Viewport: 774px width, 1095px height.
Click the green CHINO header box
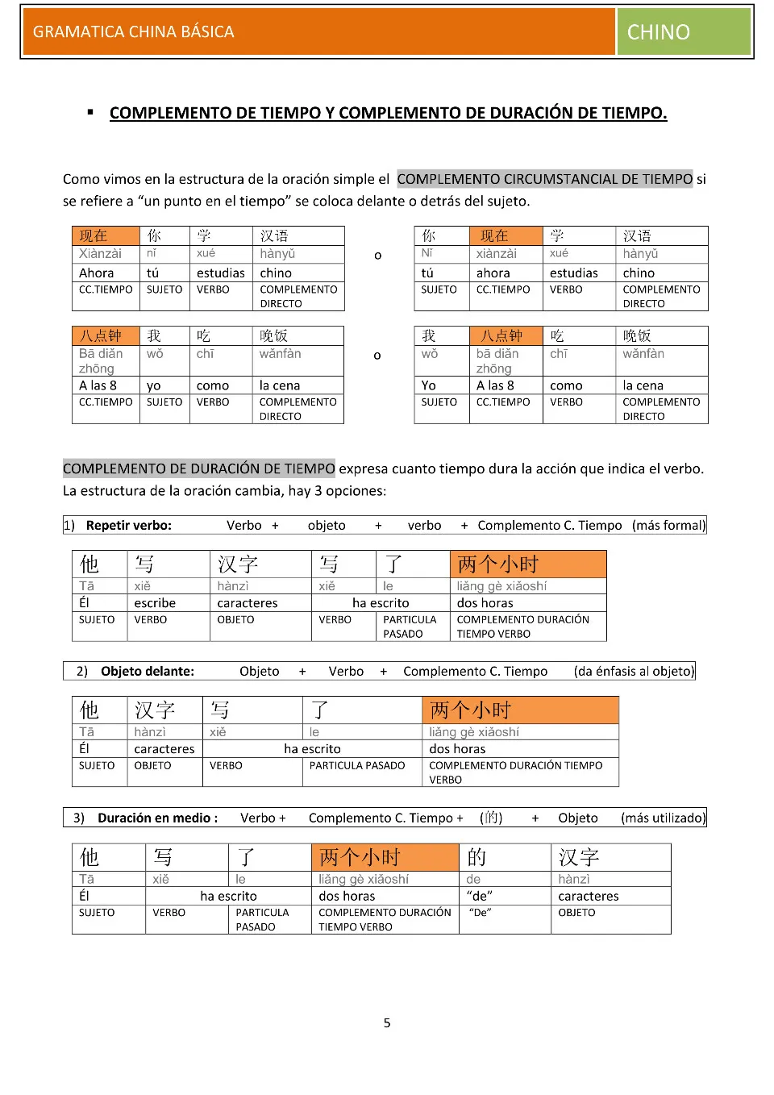tap(684, 31)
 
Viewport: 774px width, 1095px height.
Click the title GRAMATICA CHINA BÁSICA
tap(134, 31)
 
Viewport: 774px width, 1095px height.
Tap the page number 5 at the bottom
tap(387, 1022)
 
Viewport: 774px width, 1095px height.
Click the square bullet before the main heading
tap(90, 112)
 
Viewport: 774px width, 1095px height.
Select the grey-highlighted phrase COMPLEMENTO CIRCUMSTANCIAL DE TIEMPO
tap(545, 179)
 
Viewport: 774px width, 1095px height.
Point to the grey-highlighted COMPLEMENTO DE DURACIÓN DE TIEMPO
tap(199, 468)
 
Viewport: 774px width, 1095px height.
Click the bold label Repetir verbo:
tap(129, 525)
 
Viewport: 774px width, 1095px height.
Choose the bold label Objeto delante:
tap(148, 671)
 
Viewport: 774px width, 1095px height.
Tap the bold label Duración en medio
tap(156, 818)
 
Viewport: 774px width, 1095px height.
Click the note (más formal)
tap(668, 525)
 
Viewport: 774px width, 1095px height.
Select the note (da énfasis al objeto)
tap(634, 671)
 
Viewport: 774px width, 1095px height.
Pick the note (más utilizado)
tap(663, 818)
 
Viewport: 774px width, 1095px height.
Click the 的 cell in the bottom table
tap(476, 856)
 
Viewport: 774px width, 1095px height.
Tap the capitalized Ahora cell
tap(97, 273)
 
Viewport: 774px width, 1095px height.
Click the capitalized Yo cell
tap(429, 385)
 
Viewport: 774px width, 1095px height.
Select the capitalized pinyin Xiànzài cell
tap(101, 253)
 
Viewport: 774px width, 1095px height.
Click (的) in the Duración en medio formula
tap(491, 818)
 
